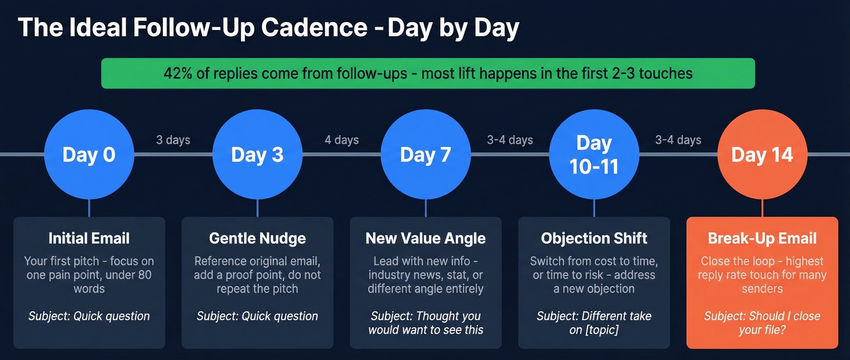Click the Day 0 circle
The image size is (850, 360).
(x=89, y=154)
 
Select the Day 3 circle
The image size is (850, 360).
(x=257, y=154)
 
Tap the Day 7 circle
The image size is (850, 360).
(x=426, y=154)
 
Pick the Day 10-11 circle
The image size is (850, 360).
(x=594, y=154)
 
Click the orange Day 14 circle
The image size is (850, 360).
(x=762, y=154)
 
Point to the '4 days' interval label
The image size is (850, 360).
(x=341, y=140)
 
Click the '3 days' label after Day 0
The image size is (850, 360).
(x=173, y=140)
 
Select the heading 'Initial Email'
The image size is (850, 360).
(x=89, y=238)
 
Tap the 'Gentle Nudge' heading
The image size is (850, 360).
(x=257, y=238)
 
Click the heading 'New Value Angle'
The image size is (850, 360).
(x=426, y=238)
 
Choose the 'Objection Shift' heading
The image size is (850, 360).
(x=594, y=238)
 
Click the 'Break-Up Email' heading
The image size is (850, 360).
(x=762, y=238)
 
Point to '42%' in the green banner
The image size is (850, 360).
(x=177, y=73)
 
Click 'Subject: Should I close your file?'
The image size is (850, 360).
(x=762, y=323)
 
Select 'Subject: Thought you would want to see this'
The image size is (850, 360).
(x=426, y=323)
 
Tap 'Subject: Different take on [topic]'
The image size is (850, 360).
(x=594, y=323)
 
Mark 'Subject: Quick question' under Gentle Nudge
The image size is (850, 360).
(x=257, y=316)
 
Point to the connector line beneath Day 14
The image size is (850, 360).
(x=762, y=208)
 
